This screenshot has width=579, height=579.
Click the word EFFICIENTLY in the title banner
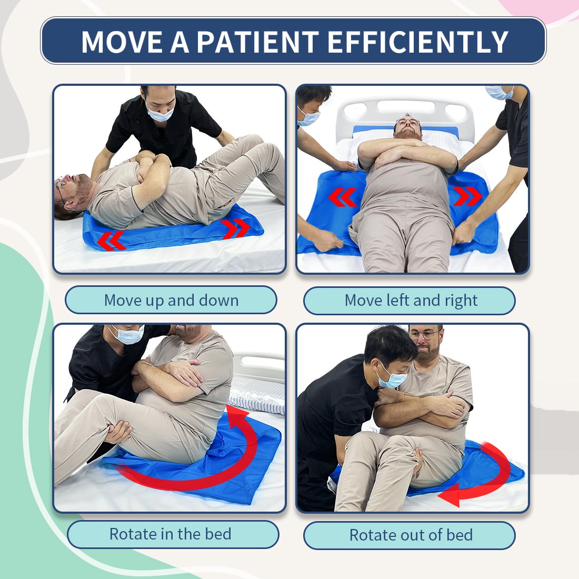point(418,42)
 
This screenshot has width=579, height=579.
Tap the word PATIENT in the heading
point(257,42)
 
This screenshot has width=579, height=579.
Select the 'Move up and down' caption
point(172,300)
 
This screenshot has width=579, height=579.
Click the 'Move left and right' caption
point(411,300)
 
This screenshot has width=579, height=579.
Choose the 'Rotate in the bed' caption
point(171,534)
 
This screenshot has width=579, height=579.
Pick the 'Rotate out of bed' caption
point(411,535)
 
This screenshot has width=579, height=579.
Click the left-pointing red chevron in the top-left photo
point(111,241)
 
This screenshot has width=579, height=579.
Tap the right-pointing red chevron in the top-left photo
point(236,228)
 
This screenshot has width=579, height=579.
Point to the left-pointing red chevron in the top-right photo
point(343,197)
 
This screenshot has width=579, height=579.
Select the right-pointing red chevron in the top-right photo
point(468,196)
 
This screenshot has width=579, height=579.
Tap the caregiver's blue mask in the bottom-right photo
point(392,380)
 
